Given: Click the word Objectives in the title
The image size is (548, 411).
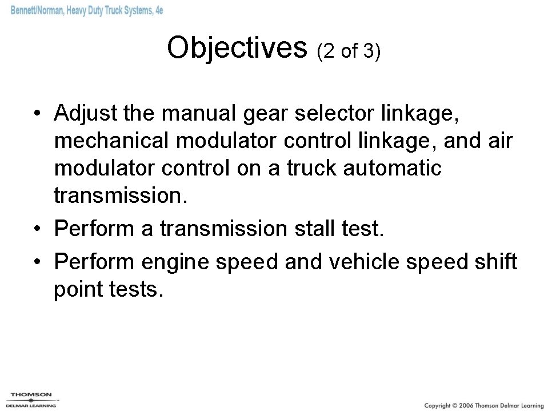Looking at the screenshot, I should click(x=237, y=48).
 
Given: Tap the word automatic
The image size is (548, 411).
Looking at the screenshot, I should click(x=402, y=169).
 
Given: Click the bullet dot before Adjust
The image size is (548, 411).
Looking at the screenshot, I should click(x=37, y=114).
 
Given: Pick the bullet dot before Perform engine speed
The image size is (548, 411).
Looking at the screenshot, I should click(x=37, y=263).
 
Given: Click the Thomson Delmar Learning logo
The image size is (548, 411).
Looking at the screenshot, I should click(x=31, y=398).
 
